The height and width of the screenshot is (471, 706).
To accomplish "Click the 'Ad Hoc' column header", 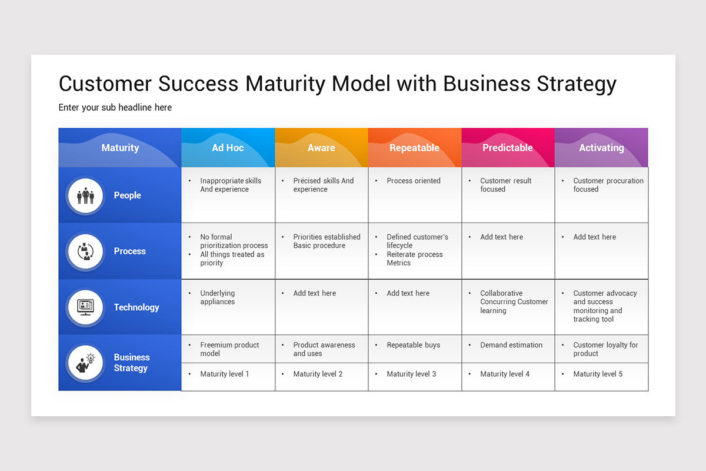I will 228,148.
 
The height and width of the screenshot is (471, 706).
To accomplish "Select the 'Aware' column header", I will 321,148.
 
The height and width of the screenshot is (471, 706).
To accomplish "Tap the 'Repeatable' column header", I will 414,148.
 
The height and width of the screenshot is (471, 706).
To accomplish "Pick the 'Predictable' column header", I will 508,148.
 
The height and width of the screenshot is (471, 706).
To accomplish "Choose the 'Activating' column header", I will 601,148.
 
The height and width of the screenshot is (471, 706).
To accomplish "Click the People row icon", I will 86,195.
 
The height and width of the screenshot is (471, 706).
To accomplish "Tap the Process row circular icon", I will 86,251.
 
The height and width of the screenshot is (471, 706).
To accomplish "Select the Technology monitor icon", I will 86,307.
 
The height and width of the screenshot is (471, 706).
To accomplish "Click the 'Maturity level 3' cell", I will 411,374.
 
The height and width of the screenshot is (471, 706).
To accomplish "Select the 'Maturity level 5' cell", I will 598,374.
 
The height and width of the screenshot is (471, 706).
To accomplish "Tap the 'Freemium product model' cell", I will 229,349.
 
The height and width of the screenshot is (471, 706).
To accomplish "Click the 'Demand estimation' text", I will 511,345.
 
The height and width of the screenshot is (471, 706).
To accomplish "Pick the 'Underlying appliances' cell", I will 217,297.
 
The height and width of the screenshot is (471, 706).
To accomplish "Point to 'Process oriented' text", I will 413,181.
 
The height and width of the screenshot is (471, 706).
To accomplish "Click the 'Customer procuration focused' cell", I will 608,185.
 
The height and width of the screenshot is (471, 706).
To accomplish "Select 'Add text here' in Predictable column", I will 501,237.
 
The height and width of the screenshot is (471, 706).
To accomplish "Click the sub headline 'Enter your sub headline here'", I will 115,107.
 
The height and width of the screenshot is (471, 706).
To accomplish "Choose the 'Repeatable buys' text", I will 413,345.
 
